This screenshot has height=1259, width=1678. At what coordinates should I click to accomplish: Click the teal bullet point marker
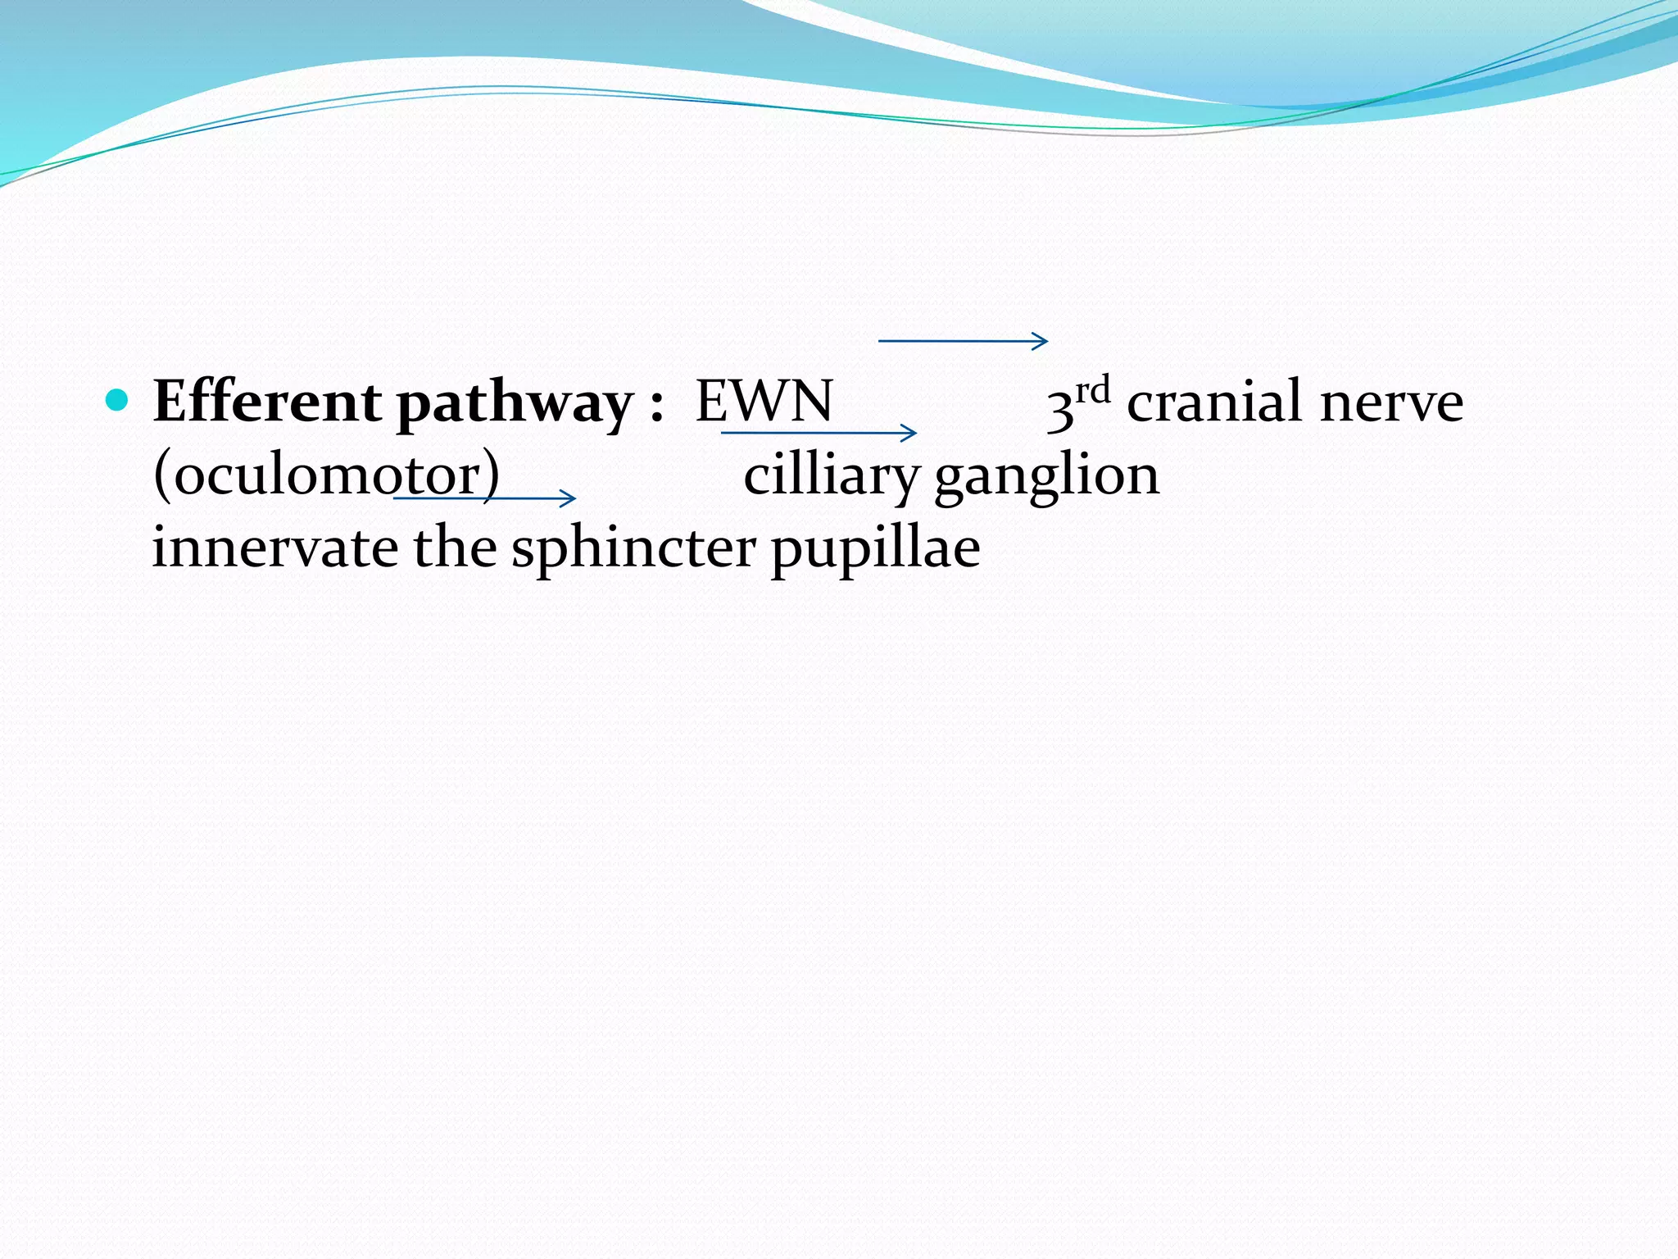pos(118,401)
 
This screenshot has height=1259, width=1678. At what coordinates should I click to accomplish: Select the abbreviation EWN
pos(764,402)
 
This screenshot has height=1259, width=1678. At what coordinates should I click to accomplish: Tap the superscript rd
pos(1093,390)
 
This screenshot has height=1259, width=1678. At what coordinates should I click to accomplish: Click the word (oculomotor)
pos(326,475)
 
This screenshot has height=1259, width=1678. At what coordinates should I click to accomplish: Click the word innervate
pos(274,548)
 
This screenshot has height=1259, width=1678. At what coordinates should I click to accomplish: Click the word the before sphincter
pos(454,548)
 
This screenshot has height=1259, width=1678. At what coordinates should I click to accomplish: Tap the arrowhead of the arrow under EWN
pos(910,433)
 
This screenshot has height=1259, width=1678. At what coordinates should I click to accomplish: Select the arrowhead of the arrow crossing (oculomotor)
pos(569,498)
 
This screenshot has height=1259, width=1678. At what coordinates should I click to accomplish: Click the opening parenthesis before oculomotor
pos(161,476)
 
